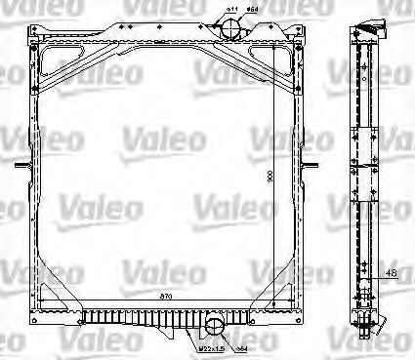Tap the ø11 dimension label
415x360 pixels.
[x=231, y=10]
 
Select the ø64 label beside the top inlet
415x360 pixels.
[x=252, y=10]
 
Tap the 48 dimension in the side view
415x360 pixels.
[x=391, y=274]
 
